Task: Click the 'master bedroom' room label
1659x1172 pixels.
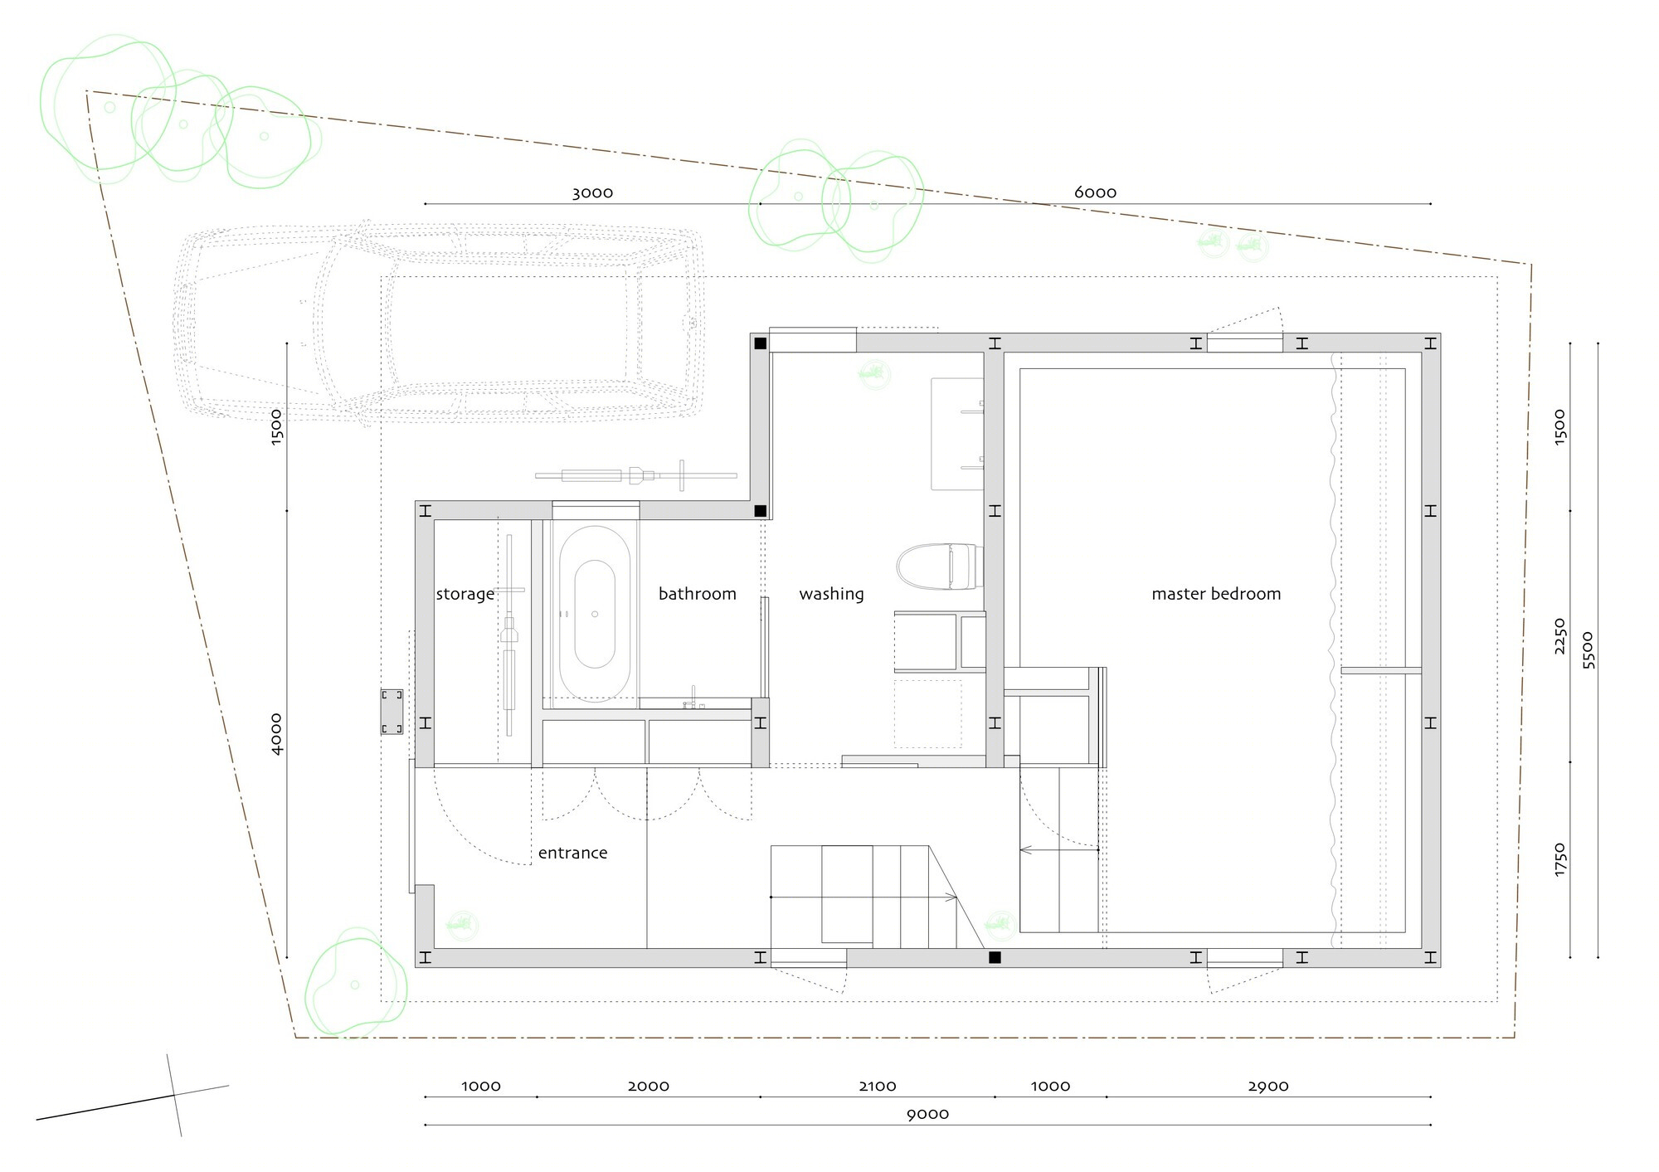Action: [1216, 594]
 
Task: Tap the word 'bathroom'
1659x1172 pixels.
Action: [698, 594]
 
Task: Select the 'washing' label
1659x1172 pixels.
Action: [831, 594]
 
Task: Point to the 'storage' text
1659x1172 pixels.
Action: [465, 595]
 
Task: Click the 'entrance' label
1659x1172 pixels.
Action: [572, 853]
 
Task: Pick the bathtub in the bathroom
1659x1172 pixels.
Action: [595, 614]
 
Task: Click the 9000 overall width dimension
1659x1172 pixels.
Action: [927, 1114]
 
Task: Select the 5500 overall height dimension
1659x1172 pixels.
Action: [1588, 650]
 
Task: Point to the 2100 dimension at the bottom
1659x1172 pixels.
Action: [878, 1086]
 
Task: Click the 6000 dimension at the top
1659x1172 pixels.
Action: [1095, 192]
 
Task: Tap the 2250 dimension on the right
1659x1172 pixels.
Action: [1559, 635]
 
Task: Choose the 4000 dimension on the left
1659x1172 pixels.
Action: [276, 734]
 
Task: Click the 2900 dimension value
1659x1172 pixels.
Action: [1268, 1086]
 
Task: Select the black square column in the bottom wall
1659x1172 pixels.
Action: [995, 957]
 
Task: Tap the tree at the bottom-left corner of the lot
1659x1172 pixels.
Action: [356, 984]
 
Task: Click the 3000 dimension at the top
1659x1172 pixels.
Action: [592, 192]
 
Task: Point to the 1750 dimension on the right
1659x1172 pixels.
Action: [1559, 859]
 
